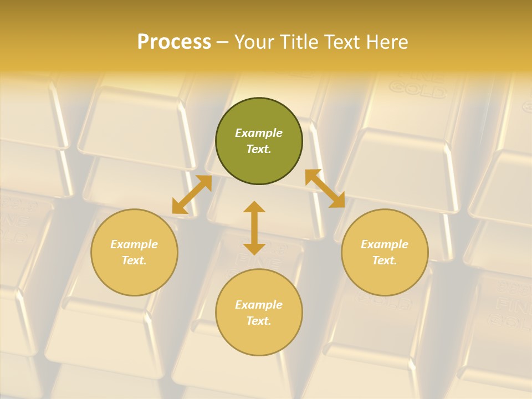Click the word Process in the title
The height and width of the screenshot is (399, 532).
(174, 42)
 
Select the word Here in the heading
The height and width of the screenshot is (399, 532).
(385, 42)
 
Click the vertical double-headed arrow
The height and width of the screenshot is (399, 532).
(254, 228)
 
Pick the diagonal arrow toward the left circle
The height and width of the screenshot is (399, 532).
(192, 195)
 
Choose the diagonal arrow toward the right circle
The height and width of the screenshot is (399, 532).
(325, 189)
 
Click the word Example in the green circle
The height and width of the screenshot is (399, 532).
(259, 133)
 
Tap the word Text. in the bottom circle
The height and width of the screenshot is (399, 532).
(259, 321)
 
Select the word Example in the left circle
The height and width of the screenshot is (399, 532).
(134, 244)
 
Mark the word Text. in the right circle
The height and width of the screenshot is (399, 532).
(385, 260)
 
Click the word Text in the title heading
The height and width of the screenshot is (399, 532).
(342, 42)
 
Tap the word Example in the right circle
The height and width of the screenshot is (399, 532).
(385, 244)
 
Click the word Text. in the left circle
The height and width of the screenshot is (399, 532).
(134, 260)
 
